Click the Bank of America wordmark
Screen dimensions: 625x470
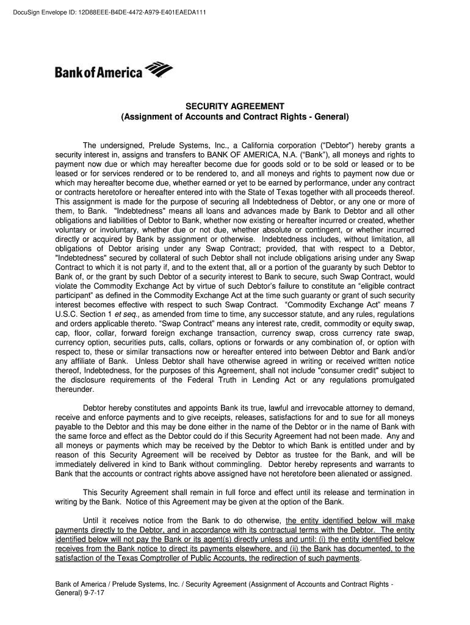tap(98, 73)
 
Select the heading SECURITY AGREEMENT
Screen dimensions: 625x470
tap(235, 106)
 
